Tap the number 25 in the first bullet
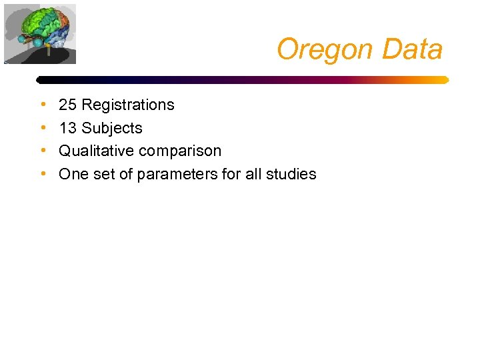[67, 105]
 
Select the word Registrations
[127, 105]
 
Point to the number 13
[67, 128]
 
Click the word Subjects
[111, 128]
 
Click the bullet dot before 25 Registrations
[43, 105]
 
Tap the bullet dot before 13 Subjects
[43, 128]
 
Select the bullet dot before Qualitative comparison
[43, 151]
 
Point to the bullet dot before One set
[43, 174]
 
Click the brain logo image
[40, 33]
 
